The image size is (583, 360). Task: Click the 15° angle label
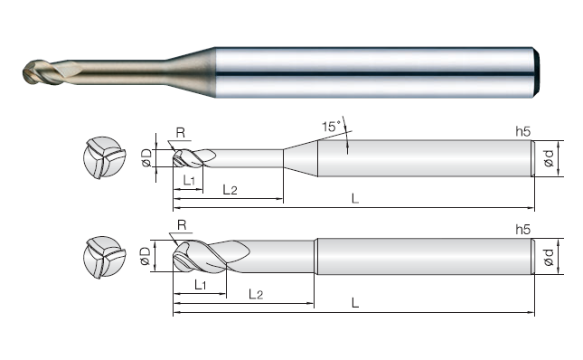click(x=332, y=127)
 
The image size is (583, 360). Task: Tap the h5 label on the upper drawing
click(x=522, y=131)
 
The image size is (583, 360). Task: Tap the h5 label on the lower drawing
click(x=522, y=230)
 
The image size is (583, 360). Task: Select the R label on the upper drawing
click(x=181, y=132)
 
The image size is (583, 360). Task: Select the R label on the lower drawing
click(x=182, y=225)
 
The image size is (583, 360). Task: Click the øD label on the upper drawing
click(x=146, y=157)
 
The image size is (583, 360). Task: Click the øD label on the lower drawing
click(x=146, y=256)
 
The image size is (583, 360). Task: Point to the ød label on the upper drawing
click(x=549, y=158)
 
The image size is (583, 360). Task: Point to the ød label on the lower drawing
click(x=549, y=257)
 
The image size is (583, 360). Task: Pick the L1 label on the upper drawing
click(x=189, y=181)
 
